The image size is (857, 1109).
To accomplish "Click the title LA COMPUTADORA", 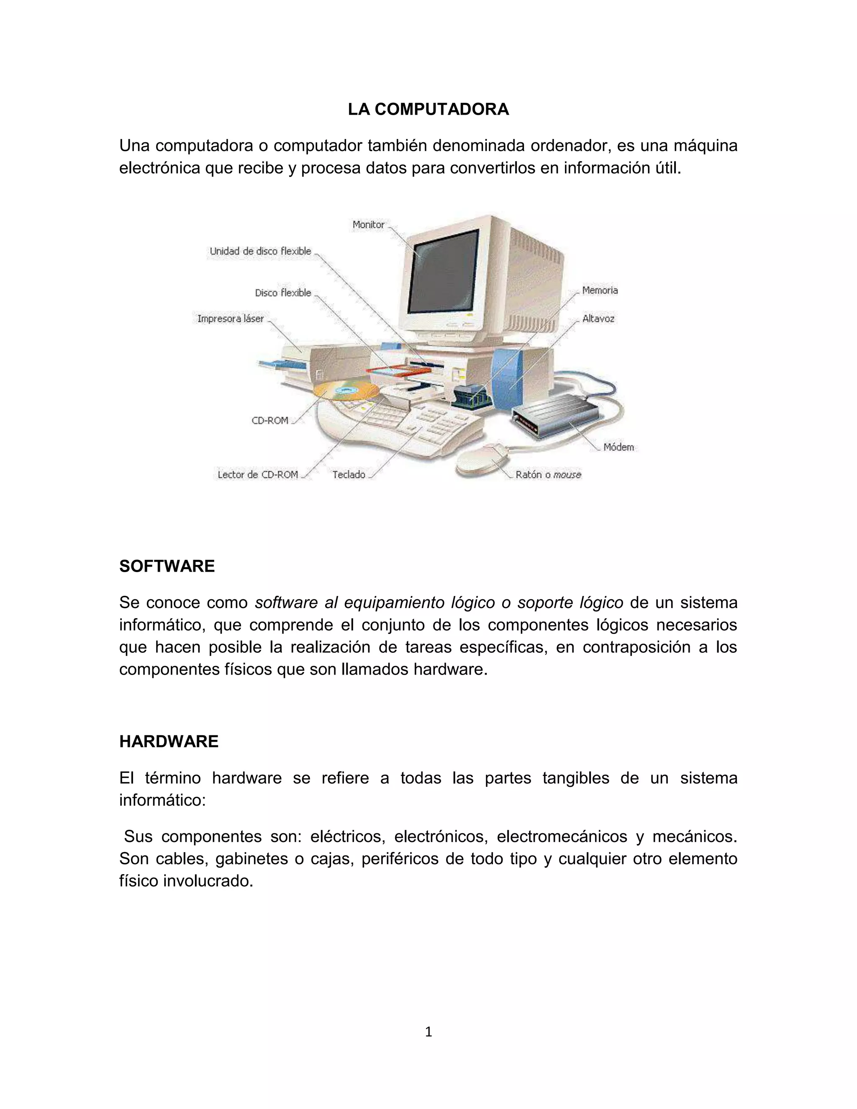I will point(428,109).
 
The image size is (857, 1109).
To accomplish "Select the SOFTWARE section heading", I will point(167,566).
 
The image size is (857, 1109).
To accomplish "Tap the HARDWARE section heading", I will point(169,742).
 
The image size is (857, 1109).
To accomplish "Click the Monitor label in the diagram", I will point(369,224).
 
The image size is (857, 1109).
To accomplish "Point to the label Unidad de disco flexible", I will point(260,251).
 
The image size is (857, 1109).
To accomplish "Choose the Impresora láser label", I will point(231,319).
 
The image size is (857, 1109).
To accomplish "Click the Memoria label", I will point(600,290).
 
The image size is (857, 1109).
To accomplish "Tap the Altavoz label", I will point(598,319).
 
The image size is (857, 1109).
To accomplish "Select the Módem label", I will point(618,447).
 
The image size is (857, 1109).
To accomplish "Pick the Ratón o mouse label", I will point(548,475).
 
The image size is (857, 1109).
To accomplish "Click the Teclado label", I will point(349,475).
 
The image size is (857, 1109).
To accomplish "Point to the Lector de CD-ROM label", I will point(258,475).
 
